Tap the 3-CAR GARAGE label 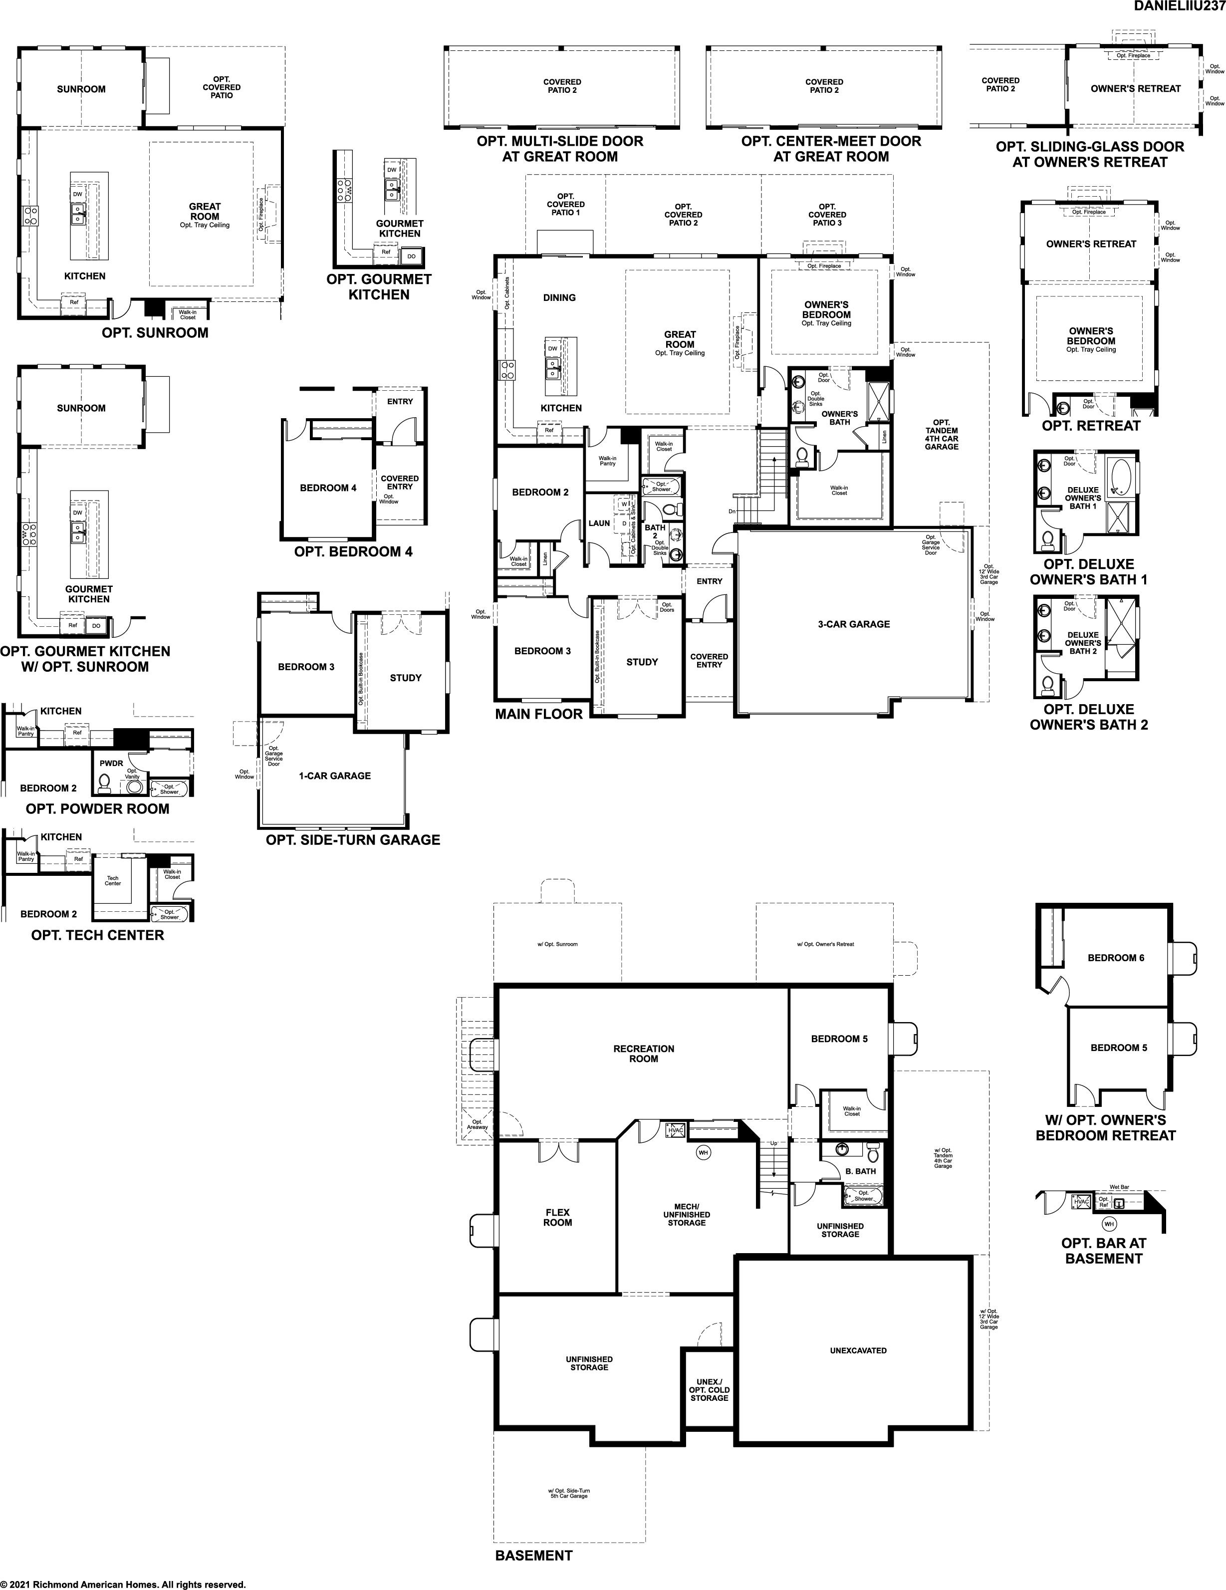(853, 624)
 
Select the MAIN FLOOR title (539, 714)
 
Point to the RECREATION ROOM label (644, 1054)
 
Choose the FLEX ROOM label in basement (558, 1217)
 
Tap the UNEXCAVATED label (858, 1350)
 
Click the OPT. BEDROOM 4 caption (353, 552)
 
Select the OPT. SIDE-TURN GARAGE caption (353, 840)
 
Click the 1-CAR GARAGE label (334, 776)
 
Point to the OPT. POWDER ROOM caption (98, 809)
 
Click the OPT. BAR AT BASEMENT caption (1104, 1251)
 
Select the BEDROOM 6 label (1116, 957)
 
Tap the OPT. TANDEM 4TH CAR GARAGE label (942, 435)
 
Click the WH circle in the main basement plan (703, 1152)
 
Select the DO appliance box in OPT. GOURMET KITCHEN (411, 256)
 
